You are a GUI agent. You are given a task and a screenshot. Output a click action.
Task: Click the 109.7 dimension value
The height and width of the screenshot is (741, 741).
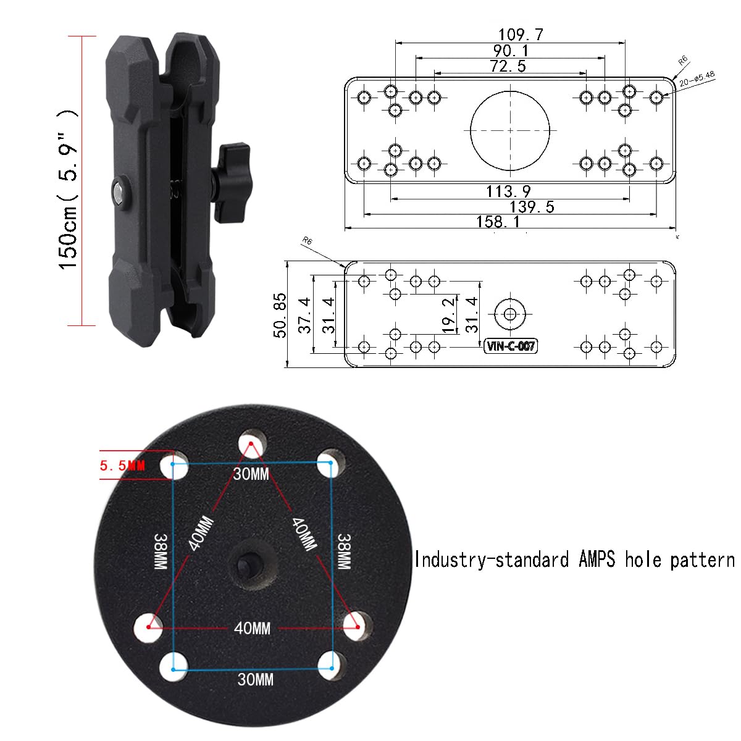pos(521,35)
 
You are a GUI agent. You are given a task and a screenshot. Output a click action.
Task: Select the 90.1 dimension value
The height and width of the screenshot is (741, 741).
pos(511,51)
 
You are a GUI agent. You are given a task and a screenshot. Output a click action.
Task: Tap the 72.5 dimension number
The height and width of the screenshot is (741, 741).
pos(508,66)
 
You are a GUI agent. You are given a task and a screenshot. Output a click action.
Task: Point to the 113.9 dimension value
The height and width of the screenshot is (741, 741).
pos(508,191)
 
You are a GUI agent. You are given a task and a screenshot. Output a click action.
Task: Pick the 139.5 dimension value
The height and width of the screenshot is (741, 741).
pos(532,207)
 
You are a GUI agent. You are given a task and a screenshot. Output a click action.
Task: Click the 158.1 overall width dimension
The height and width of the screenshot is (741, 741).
pos(498,222)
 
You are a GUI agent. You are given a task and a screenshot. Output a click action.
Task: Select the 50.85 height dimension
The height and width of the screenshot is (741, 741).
pos(280,315)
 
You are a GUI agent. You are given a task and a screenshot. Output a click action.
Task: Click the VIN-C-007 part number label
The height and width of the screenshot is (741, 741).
pos(511,346)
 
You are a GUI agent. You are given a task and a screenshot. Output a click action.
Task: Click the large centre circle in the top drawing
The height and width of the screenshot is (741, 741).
pos(510,130)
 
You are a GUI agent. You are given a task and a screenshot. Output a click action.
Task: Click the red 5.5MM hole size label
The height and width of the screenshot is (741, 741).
pos(122,466)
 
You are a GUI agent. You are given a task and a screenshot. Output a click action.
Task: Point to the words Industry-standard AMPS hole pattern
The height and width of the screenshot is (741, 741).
pos(574,560)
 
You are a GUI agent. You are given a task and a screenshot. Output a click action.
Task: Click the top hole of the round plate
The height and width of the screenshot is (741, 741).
pos(253,442)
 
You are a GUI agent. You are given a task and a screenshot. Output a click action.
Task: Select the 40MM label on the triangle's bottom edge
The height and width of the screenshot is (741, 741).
pos(252,629)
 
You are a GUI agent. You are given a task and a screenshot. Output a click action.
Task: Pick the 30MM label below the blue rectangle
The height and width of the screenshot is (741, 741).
pos(256,680)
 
